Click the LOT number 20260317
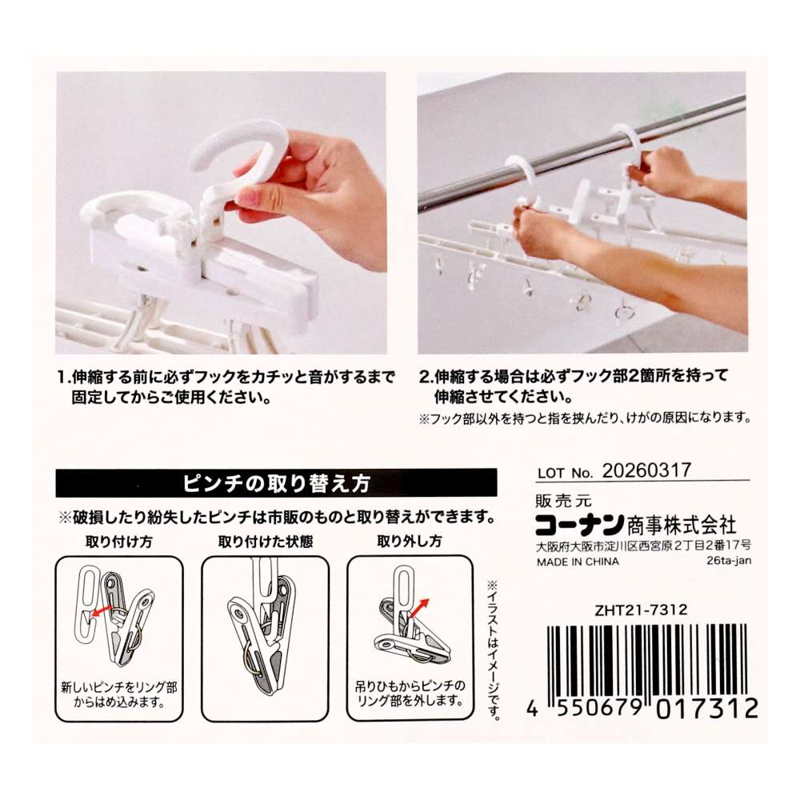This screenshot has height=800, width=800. (x=646, y=470)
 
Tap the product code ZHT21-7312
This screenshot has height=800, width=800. (x=640, y=610)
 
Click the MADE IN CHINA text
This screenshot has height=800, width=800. (x=578, y=562)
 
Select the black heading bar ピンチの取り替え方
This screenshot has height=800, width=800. (x=276, y=482)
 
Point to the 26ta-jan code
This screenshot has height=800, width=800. (x=729, y=561)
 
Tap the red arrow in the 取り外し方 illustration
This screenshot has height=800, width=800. (x=418, y=609)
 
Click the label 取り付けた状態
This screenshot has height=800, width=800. (x=266, y=542)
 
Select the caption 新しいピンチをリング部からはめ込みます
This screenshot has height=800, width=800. (x=119, y=694)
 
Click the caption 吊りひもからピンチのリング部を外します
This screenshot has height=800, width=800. (x=410, y=694)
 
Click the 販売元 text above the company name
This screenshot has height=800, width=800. (x=563, y=501)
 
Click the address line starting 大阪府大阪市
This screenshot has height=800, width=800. (x=643, y=546)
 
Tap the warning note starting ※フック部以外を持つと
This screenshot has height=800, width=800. (x=585, y=418)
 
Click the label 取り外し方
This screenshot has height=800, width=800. (x=409, y=542)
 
